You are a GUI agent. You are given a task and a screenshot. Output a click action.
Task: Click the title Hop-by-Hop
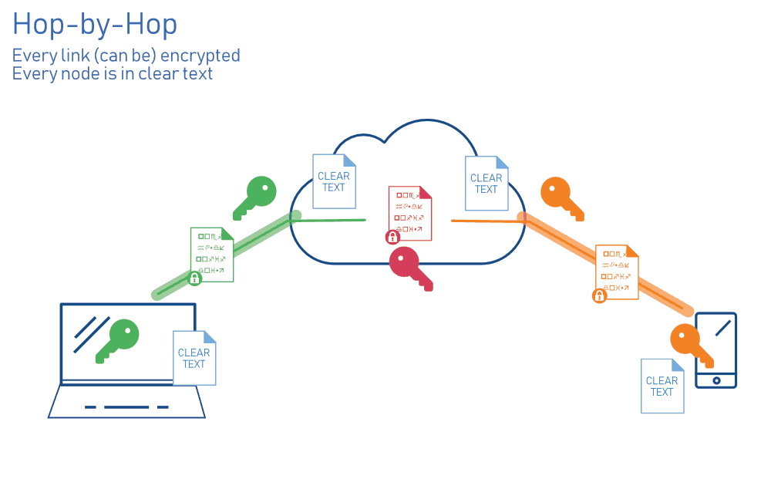tap(95, 25)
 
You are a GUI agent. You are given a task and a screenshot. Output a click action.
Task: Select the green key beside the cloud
tap(255, 197)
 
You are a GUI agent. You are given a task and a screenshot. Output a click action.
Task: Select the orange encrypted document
tap(618, 272)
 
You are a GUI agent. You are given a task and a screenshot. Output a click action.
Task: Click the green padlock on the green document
tap(195, 278)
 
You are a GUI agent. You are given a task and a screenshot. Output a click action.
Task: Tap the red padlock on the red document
tap(392, 237)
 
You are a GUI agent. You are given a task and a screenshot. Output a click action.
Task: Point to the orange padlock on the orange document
tap(599, 295)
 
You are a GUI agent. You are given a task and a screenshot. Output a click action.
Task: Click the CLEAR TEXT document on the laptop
tap(194, 358)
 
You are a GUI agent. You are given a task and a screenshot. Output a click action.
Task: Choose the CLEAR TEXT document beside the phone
tap(662, 386)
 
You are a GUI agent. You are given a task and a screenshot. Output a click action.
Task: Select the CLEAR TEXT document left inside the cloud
tap(334, 181)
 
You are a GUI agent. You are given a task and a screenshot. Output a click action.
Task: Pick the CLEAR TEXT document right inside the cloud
tap(487, 183)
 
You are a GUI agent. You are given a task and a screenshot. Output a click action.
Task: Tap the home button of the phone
tap(716, 380)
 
